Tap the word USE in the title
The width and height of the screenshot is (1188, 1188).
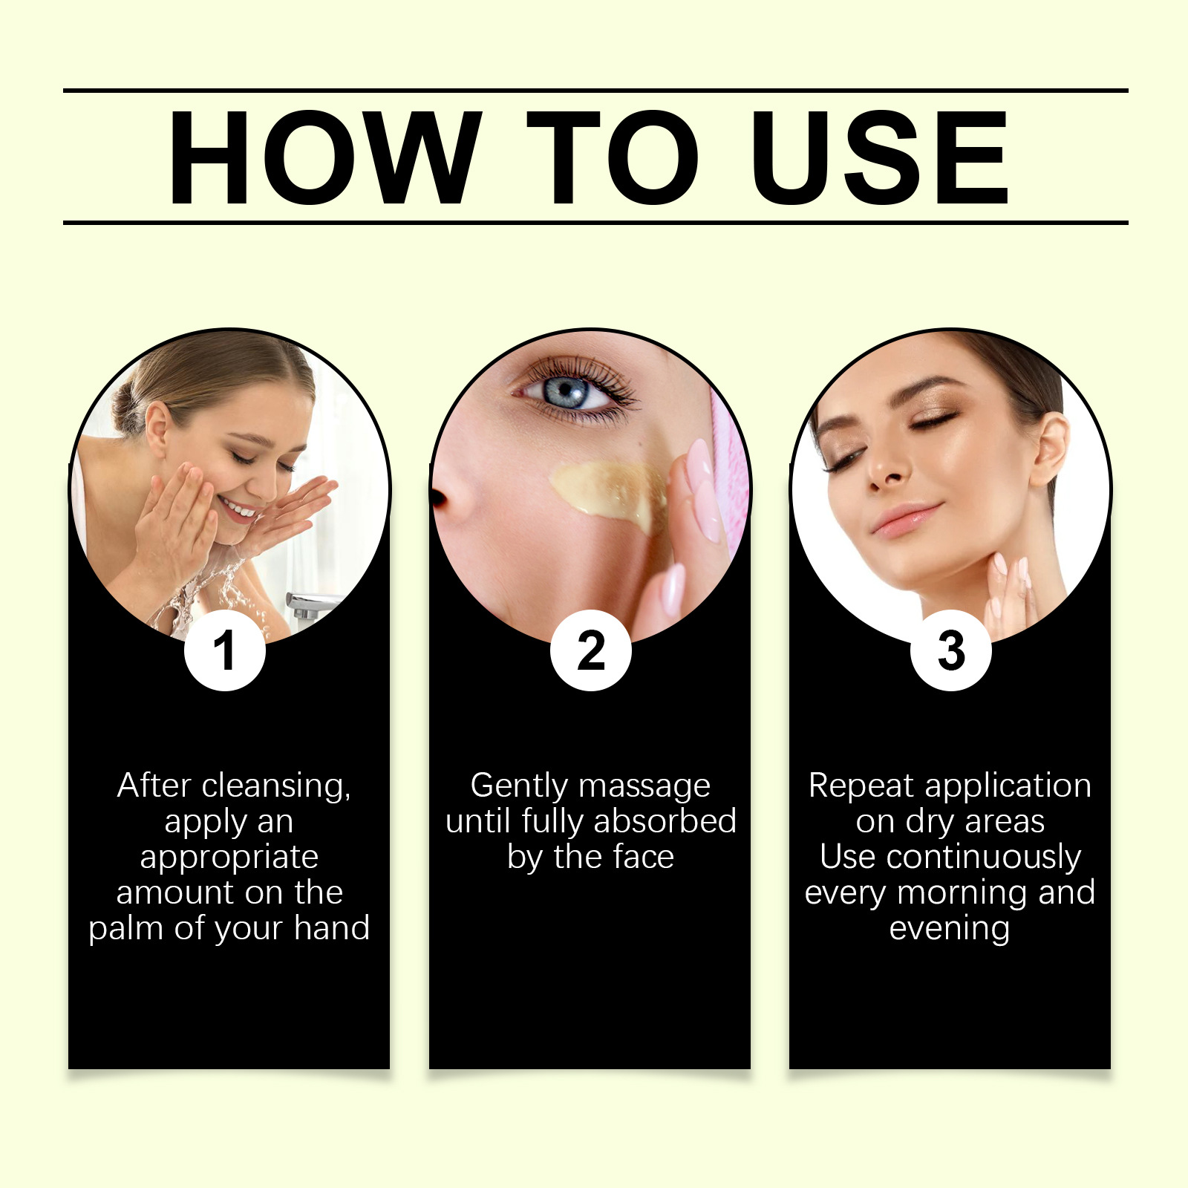tap(881, 157)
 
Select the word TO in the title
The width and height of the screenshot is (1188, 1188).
tap(613, 157)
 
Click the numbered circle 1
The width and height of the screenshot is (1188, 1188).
tap(225, 650)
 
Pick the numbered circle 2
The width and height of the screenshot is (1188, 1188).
tap(591, 650)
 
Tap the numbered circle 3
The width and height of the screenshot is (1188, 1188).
tap(951, 650)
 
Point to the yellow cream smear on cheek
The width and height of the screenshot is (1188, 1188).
tap(605, 490)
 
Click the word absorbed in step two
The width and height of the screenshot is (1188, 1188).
tap(665, 821)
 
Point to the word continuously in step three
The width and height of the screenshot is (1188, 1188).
tap(984, 858)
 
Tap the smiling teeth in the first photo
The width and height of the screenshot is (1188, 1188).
tap(239, 509)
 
